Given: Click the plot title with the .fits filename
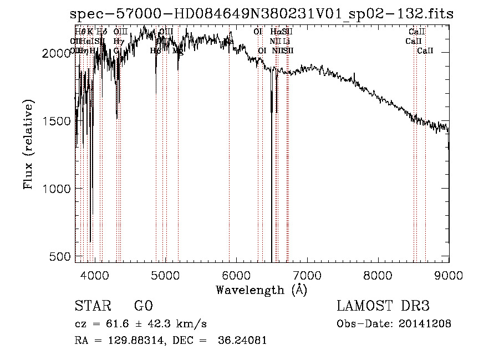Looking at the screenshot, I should (262, 14).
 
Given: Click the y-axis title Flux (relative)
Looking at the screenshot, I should (28, 145).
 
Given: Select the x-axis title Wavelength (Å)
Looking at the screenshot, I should (261, 290).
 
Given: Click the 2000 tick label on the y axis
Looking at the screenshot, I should (55, 53).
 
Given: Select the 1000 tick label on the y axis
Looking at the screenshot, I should (55, 189).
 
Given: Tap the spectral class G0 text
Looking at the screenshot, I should (143, 307).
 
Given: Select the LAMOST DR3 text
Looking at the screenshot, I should (383, 307).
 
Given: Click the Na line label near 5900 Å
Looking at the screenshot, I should (229, 42).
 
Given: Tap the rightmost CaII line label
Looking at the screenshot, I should (425, 50).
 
